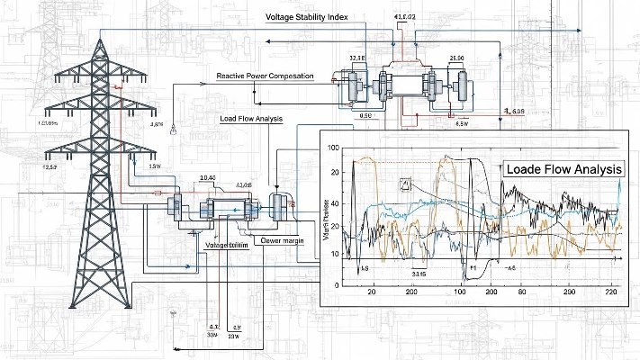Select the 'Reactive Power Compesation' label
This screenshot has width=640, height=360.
[266, 76]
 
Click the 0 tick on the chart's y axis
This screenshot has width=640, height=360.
[336, 284]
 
